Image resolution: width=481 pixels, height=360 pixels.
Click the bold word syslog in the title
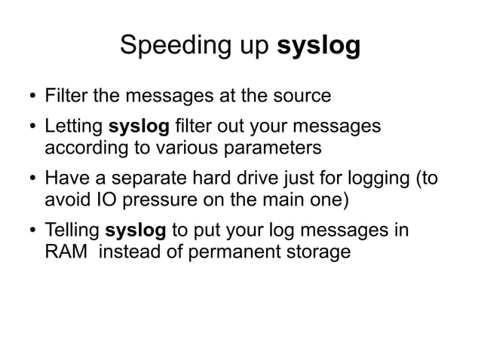319,47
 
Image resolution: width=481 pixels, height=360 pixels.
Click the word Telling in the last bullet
73,229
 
